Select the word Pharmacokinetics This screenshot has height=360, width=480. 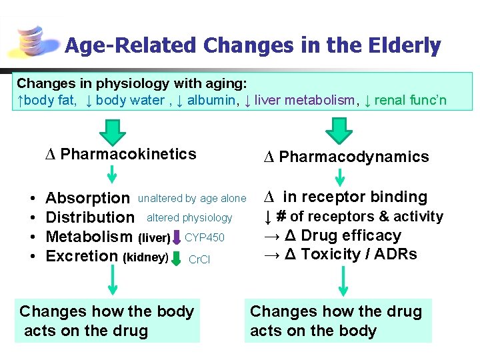tap(128, 154)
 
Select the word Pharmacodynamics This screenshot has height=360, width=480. tap(353, 157)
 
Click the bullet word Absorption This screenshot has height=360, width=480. tap(87, 198)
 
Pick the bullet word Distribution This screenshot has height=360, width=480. tap(89, 217)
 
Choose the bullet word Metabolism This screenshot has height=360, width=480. tap(89, 237)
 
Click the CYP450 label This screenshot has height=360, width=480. tap(205, 237)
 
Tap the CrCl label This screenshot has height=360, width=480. tap(199, 259)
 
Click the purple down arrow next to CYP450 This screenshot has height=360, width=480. tap(177, 237)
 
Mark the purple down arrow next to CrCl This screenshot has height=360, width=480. tap(177, 257)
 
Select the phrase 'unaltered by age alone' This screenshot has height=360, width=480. tap(192, 198)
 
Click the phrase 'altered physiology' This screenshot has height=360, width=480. tap(189, 217)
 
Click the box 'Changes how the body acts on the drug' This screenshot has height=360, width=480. tap(107, 321)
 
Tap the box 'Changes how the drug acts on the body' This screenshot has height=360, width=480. tap(337, 321)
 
